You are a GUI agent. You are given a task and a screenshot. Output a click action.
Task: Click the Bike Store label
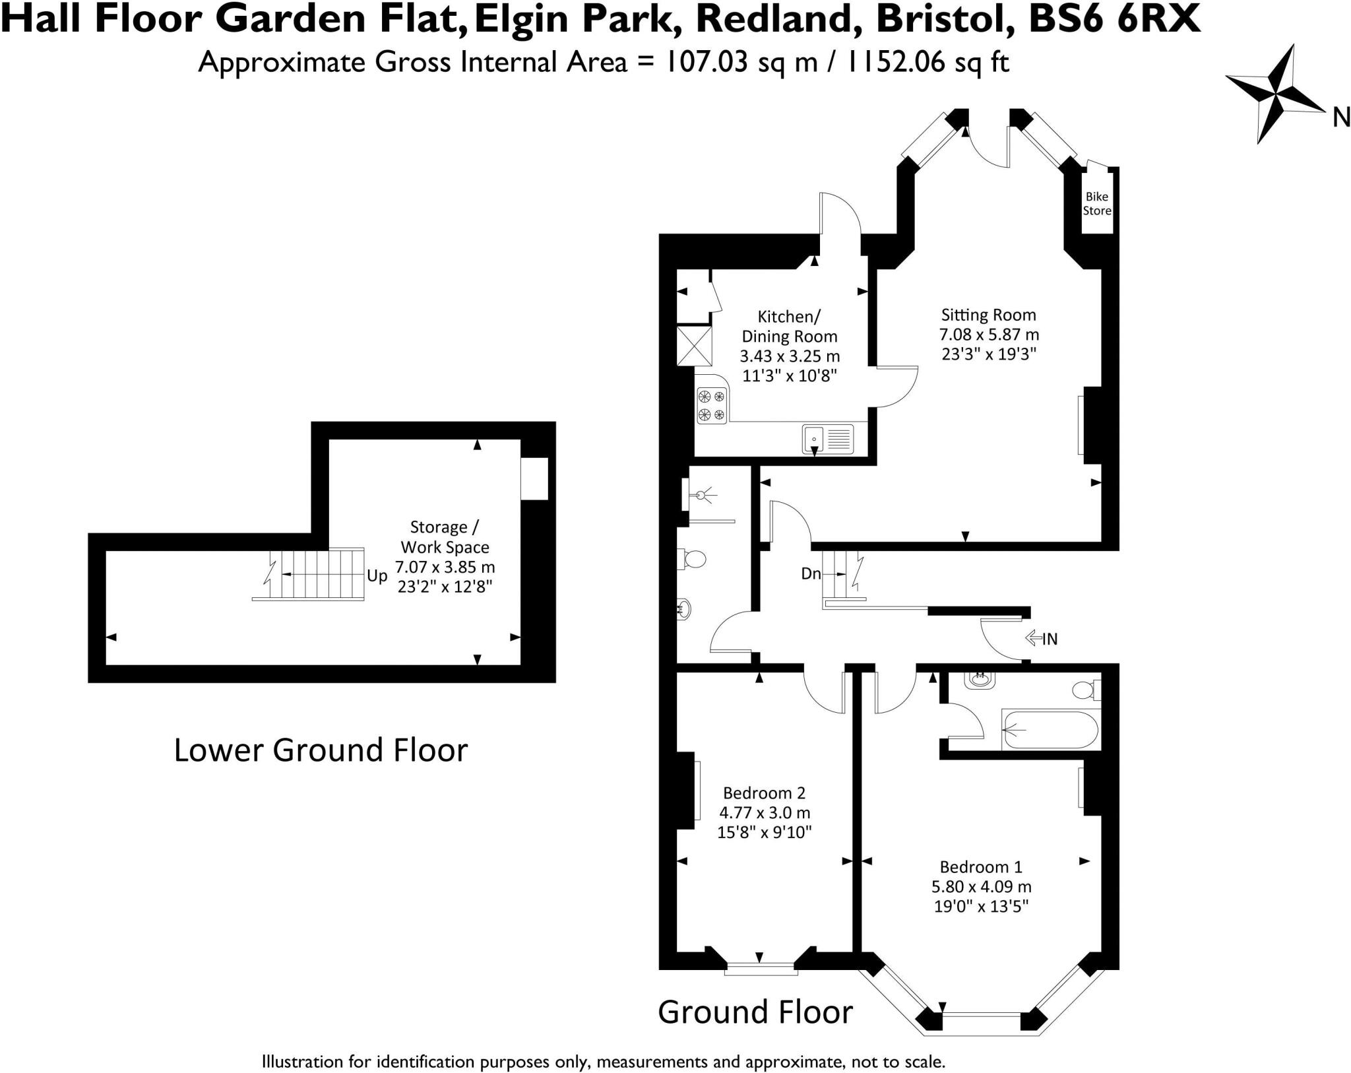[1096, 204]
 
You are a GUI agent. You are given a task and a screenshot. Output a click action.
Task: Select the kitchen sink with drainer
[828, 439]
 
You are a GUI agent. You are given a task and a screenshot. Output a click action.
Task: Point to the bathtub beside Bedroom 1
[1050, 730]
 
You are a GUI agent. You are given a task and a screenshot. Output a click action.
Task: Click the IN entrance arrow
[1042, 638]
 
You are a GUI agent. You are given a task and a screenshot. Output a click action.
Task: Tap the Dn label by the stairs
[810, 573]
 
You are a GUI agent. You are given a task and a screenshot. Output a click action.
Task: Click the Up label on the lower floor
[377, 575]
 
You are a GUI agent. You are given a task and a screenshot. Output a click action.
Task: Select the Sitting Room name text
[988, 315]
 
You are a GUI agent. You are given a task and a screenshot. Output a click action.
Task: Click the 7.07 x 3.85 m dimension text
[445, 567]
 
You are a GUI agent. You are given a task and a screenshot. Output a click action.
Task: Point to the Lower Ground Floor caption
[321, 750]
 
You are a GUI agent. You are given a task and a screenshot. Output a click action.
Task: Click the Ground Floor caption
[755, 1012]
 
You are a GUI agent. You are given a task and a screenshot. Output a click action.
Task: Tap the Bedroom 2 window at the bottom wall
[761, 969]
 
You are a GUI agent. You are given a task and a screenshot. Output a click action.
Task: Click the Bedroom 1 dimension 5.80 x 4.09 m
[981, 886]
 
